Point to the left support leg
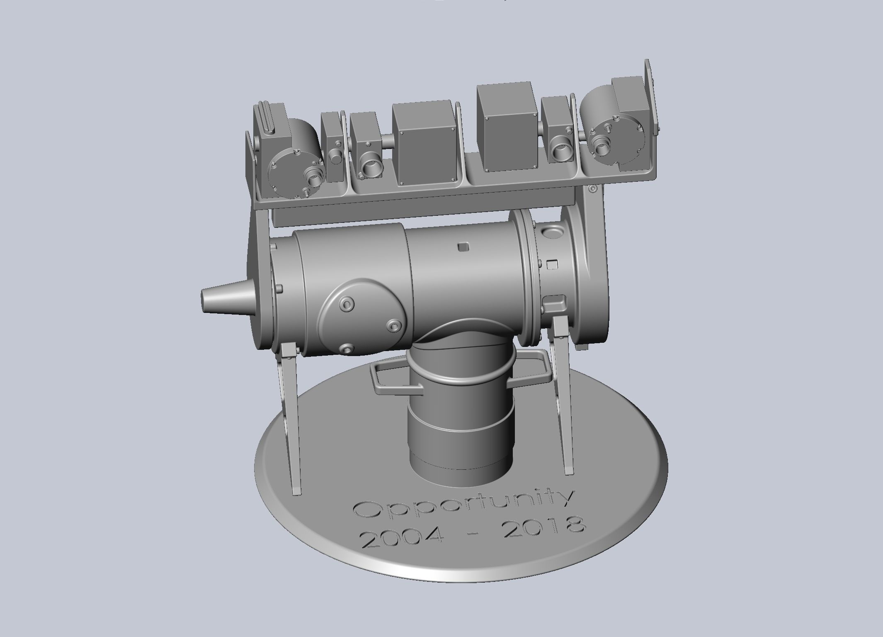(x=292, y=398)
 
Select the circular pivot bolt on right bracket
(x=593, y=189)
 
